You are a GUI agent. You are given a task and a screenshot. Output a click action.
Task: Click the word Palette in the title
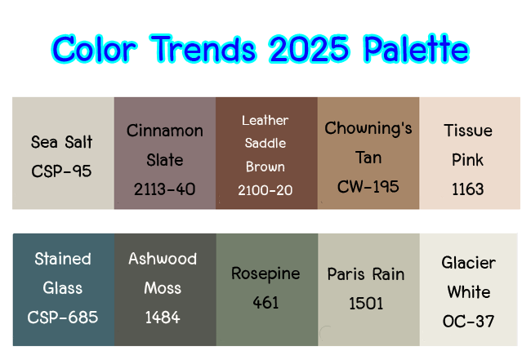(416, 49)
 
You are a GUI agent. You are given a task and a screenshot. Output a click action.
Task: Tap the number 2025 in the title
(309, 50)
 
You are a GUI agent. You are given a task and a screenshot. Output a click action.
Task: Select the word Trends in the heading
(203, 50)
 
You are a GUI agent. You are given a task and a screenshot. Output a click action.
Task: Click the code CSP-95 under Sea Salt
(61, 171)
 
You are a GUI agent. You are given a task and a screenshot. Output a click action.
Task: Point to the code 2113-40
(164, 189)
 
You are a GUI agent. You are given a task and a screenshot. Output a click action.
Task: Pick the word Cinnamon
(164, 131)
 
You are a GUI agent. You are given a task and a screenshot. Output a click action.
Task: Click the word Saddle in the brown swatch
(265, 143)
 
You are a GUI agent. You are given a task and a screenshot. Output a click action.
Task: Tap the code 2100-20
(265, 190)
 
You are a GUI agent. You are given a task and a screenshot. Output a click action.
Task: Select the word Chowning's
(368, 129)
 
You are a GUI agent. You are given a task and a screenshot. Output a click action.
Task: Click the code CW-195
(368, 186)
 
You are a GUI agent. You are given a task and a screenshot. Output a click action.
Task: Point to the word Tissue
(468, 131)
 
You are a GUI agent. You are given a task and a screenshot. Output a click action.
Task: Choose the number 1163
(467, 189)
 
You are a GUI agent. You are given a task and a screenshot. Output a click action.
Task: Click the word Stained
(63, 259)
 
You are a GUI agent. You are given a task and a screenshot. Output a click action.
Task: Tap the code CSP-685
(63, 318)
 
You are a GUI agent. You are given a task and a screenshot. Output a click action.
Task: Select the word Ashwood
(163, 259)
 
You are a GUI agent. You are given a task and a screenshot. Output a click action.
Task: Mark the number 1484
(163, 318)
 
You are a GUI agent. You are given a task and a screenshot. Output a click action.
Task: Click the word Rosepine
(265, 273)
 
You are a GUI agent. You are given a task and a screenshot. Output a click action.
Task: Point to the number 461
(265, 303)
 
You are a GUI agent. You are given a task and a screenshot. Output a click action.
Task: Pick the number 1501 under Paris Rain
(366, 303)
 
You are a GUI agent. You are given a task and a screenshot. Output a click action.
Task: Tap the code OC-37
(468, 321)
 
